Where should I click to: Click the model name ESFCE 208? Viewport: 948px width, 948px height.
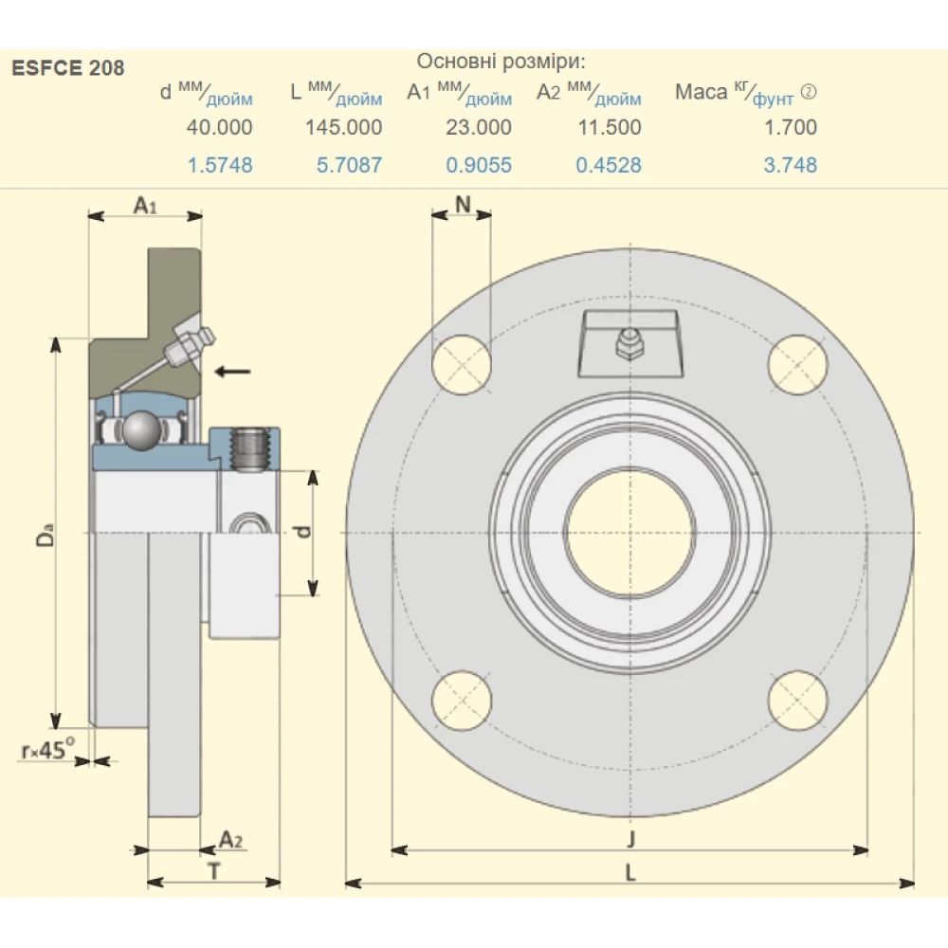point(67,68)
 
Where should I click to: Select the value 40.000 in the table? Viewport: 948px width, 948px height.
point(221,127)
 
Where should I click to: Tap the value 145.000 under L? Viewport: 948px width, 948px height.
point(344,127)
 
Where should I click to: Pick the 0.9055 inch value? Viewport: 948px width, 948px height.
point(479,165)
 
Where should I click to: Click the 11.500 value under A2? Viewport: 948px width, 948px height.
point(610,127)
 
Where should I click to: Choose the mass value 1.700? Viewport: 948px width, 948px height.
point(791,127)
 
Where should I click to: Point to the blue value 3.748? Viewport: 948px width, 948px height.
point(791,165)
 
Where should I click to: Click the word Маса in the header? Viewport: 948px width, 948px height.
point(702,92)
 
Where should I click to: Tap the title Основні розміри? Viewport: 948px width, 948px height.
point(501,63)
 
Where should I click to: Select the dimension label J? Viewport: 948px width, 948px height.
point(630,838)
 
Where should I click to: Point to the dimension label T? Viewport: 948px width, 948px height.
point(214,871)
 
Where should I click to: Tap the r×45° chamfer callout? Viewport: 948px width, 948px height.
point(47,751)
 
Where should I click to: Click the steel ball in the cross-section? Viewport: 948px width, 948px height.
point(143,429)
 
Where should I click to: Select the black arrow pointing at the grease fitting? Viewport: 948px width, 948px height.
point(232,371)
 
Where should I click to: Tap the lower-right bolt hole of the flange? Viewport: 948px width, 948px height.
point(798,701)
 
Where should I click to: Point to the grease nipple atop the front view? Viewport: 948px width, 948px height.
point(629,342)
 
